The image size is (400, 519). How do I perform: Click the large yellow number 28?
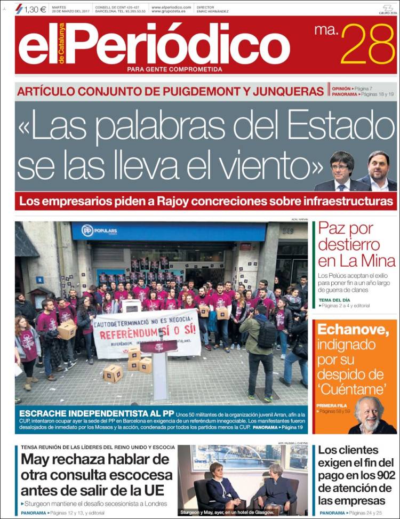tap(368, 45)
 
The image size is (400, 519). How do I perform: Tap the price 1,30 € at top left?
tap(35, 9)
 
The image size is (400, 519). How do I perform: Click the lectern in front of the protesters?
tap(159, 368)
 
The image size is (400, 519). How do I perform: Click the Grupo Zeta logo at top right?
tap(386, 10)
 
